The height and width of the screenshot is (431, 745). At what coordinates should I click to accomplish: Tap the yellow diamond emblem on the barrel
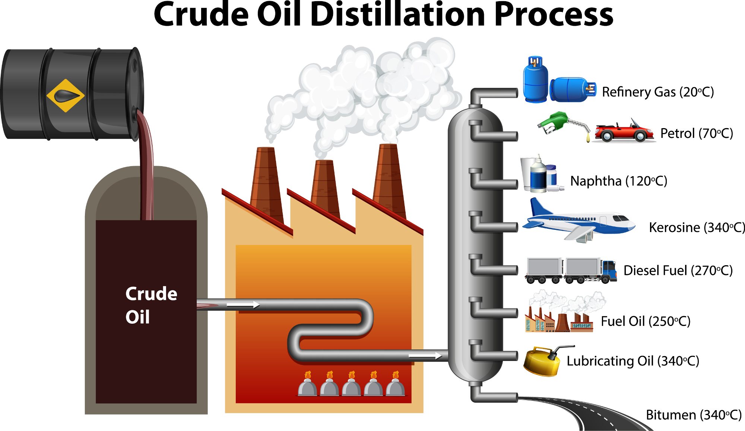pyautogui.click(x=66, y=96)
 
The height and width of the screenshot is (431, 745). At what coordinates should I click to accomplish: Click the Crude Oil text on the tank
pyautogui.click(x=151, y=305)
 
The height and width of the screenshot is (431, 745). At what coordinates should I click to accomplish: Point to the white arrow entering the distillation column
pyautogui.click(x=425, y=356)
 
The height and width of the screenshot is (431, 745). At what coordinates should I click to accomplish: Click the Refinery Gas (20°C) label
pyautogui.click(x=658, y=92)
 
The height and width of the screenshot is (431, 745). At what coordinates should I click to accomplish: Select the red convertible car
pyautogui.click(x=624, y=131)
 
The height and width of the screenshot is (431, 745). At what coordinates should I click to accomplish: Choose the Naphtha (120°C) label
pyautogui.click(x=618, y=181)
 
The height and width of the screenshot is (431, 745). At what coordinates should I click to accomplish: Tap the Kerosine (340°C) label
pyautogui.click(x=697, y=227)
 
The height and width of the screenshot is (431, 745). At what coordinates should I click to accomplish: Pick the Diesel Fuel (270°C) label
pyautogui.click(x=678, y=270)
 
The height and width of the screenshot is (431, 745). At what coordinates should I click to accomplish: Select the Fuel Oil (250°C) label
pyautogui.click(x=646, y=321)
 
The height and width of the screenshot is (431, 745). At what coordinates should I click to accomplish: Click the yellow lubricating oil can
pyautogui.click(x=542, y=361)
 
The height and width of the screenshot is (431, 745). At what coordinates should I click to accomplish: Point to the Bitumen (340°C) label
pyautogui.click(x=694, y=415)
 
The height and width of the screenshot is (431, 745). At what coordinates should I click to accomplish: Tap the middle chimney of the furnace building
pyautogui.click(x=325, y=188)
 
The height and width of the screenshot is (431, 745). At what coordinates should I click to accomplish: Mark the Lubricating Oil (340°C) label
pyautogui.click(x=633, y=361)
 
